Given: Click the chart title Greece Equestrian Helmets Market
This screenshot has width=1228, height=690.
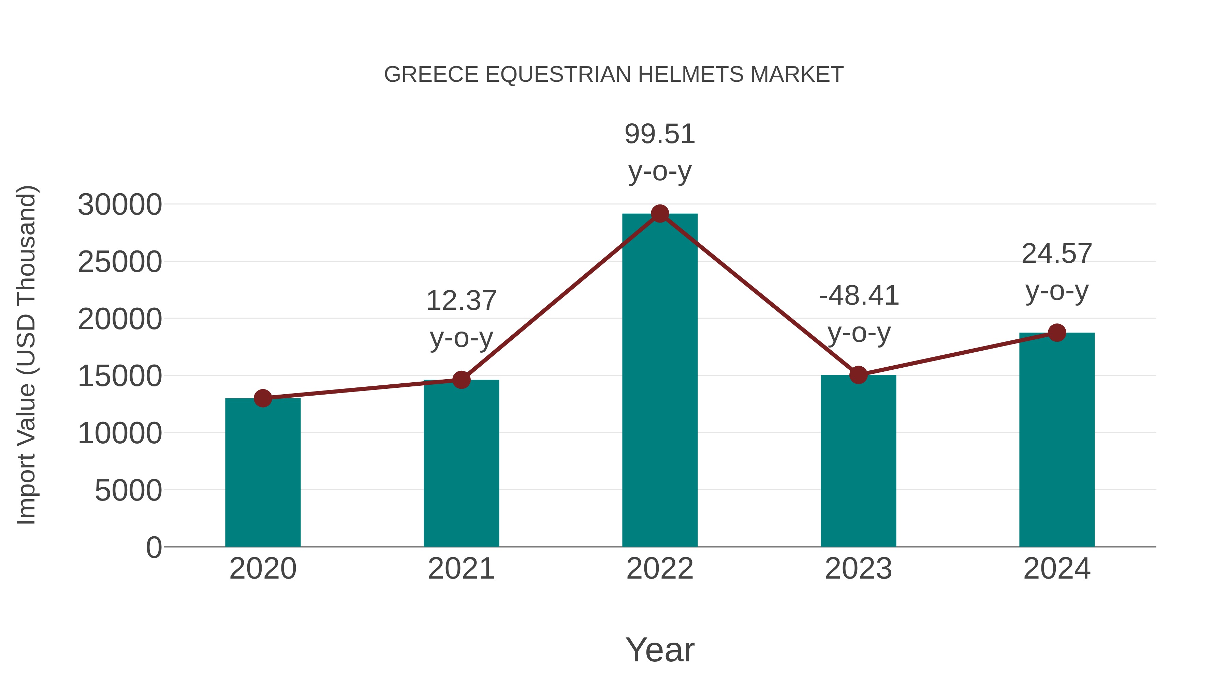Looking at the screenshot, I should coord(614,75).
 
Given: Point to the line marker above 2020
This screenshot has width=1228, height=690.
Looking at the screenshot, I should coord(263,398).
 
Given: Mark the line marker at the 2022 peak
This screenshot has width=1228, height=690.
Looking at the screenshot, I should coord(660,214).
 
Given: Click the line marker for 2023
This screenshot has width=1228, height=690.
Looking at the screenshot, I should coord(858,375).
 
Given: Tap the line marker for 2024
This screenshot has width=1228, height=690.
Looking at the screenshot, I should coord(1057,333).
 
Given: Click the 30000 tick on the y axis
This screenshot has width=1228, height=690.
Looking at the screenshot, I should coord(120,205).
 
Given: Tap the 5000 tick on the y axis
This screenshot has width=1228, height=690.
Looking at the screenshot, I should coord(128,490).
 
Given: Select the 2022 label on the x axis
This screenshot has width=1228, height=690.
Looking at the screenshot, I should coord(660,569).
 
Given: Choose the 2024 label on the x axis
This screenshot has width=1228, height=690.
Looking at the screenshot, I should coord(1057,569).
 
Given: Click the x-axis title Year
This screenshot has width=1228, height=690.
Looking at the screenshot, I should coord(660,649).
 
